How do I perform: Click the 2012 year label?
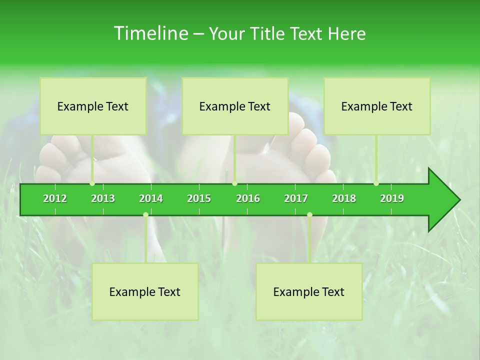[55, 198]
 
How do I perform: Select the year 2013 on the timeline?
[103, 198]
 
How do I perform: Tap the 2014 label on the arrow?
[151, 198]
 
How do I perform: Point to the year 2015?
[199, 198]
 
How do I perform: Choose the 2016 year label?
[248, 198]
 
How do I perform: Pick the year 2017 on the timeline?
[296, 198]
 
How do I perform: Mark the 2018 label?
[344, 198]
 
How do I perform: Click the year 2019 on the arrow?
[392, 198]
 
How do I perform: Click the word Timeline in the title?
[150, 33]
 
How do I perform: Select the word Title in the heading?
[267, 33]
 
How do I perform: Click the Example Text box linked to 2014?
[145, 291]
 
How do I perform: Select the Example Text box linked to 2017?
[309, 291]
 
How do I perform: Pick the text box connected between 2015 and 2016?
[235, 106]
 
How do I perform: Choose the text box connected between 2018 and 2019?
[377, 106]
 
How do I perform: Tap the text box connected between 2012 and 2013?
[93, 106]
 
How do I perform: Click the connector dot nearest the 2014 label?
[145, 214]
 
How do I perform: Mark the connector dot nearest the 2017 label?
[309, 214]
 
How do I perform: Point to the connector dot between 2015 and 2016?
[234, 183]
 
